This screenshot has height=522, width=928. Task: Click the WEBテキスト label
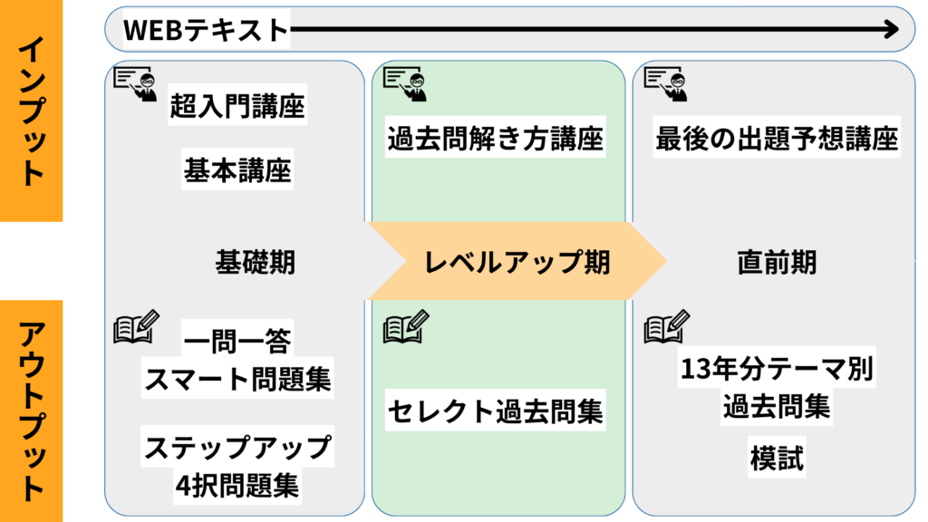coord(206,31)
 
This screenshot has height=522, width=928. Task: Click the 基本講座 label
coord(237,169)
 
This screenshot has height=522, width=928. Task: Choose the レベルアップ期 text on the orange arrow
coord(517,262)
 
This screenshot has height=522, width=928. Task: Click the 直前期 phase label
coord(777,262)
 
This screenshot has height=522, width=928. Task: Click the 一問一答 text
coord(237,342)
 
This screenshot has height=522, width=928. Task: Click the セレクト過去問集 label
coord(495,412)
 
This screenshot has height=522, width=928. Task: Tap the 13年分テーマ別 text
coord(777,371)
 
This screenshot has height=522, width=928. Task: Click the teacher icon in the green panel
coord(404,82)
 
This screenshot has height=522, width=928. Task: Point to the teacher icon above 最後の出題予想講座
coord(665,82)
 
